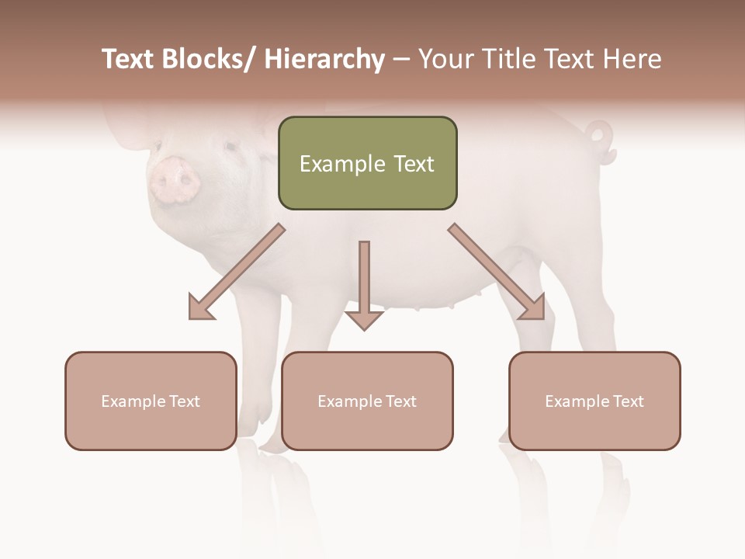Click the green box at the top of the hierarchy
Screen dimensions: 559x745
click(367, 163)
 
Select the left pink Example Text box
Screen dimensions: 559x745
click(151, 401)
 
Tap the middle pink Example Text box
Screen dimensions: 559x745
click(367, 401)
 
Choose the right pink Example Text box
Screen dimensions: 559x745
click(594, 401)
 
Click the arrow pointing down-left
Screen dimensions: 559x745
click(237, 273)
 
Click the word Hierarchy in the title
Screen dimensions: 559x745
click(324, 60)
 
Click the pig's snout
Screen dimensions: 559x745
click(175, 179)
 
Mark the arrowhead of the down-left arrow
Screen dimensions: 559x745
click(201, 308)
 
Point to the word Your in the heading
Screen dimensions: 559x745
click(445, 60)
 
